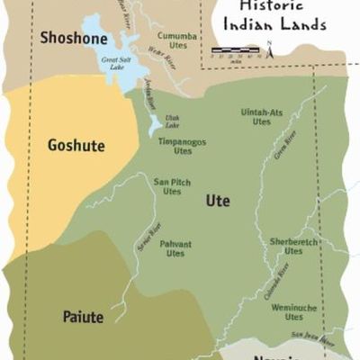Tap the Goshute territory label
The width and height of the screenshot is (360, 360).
[x=76, y=145]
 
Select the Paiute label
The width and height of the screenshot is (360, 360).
[x=83, y=317]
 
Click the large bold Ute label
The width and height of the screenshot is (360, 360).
[x=218, y=200]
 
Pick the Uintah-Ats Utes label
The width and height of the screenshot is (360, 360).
[x=262, y=117]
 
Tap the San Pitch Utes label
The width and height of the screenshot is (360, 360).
[x=172, y=185]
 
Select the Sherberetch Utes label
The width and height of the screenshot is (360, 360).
[x=293, y=247]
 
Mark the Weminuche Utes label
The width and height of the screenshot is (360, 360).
[x=293, y=311]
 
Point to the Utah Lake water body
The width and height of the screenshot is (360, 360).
[x=155, y=123]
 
